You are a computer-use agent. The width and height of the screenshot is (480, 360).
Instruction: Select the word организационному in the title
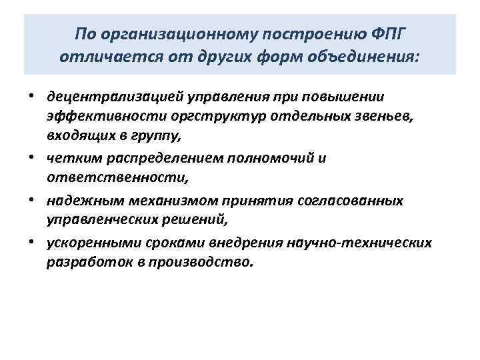pos(173,33)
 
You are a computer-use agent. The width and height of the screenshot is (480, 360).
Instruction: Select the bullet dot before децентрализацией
pos(31,99)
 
